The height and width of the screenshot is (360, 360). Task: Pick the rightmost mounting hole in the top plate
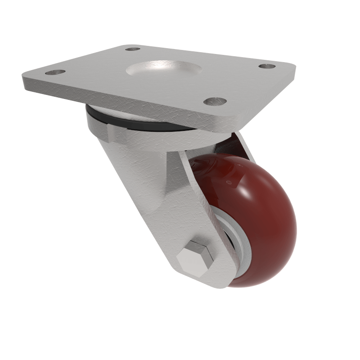click(x=267, y=66)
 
